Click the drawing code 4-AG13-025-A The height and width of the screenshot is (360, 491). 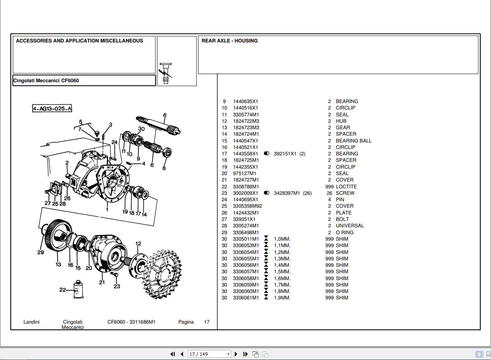click(x=52, y=109)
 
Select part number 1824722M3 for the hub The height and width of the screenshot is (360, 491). click(x=246, y=121)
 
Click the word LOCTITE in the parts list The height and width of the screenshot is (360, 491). click(x=346, y=186)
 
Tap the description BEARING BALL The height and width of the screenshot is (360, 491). click(x=353, y=141)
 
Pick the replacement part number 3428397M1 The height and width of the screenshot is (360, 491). click(x=287, y=193)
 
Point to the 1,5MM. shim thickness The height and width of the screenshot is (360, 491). click(x=282, y=271)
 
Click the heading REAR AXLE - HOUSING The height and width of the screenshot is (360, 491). click(x=229, y=41)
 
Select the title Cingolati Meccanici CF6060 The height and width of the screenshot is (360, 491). click(x=46, y=80)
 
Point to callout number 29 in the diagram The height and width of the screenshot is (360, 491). click(x=41, y=252)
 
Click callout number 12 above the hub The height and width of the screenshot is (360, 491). click(x=138, y=244)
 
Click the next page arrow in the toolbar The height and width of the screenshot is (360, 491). click(x=236, y=354)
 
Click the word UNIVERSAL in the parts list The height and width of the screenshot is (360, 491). click(x=350, y=225)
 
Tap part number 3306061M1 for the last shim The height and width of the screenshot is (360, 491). click(x=246, y=297)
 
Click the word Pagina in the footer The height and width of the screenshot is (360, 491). click(x=186, y=322)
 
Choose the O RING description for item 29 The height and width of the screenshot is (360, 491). click(x=344, y=232)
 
